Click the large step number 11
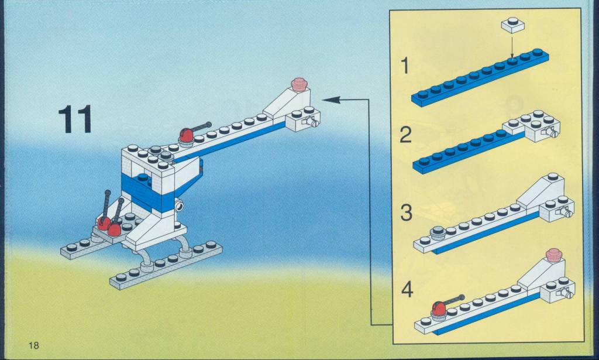75,119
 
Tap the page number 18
33,345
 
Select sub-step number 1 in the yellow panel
404,66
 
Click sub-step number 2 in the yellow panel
406,135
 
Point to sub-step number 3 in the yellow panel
407,213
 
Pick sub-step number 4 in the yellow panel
407,290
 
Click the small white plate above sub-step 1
512,25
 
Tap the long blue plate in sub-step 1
480,78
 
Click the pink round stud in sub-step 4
555,255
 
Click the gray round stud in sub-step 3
438,231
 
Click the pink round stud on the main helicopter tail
299,84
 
